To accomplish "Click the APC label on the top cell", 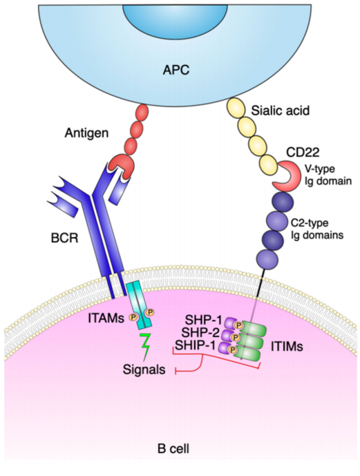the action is point(176,70).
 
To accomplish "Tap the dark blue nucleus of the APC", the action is point(175,17).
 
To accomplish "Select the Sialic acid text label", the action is point(280,111).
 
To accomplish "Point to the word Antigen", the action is point(86,133).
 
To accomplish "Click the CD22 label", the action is point(303,152).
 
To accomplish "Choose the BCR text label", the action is point(64,238).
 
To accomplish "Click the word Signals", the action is point(144,370).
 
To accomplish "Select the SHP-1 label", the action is point(203,320).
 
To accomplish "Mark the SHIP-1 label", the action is point(196,345).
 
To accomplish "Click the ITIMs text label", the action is point(287,346).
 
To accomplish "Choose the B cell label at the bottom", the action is point(173,448).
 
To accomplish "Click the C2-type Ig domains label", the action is point(317,229).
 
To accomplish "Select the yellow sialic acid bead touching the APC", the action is point(236,108).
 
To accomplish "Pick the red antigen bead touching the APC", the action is point(142,113).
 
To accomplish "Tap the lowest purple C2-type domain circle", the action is point(267,260).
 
